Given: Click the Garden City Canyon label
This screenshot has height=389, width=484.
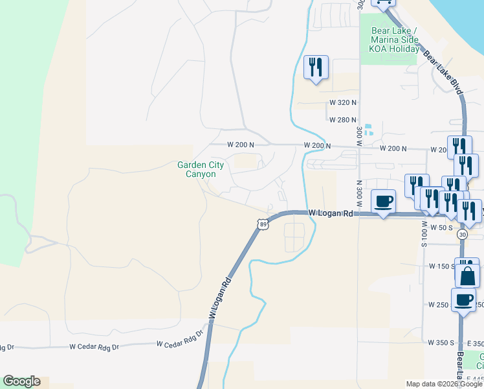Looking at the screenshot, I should pyautogui.click(x=201, y=170).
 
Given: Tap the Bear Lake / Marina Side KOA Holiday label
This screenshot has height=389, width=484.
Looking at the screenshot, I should pyautogui.click(x=394, y=40).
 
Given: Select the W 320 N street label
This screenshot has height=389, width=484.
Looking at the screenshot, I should pyautogui.click(x=343, y=102).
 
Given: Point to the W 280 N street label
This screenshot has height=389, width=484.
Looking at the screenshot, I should pyautogui.click(x=343, y=120).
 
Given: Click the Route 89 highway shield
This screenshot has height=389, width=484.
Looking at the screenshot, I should pyautogui.click(x=261, y=224).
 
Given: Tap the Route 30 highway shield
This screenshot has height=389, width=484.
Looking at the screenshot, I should pyautogui.click(x=461, y=233).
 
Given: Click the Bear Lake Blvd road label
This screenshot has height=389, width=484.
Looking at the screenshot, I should pyautogui.click(x=445, y=73).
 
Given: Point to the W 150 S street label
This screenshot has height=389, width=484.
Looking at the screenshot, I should pyautogui.click(x=443, y=266).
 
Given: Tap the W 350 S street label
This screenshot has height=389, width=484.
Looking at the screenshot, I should pyautogui.click(x=443, y=342).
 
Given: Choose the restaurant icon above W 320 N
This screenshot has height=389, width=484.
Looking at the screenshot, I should pyautogui.click(x=316, y=67).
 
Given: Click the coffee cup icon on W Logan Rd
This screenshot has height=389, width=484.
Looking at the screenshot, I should pyautogui.click(x=383, y=202).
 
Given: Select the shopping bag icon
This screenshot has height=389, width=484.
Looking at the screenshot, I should pyautogui.click(x=467, y=275).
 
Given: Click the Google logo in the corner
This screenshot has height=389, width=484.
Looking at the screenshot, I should pyautogui.click(x=21, y=381).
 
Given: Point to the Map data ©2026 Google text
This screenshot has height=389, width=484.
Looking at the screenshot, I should pyautogui.click(x=444, y=384).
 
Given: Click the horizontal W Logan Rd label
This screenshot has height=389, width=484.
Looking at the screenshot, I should pyautogui.click(x=330, y=213).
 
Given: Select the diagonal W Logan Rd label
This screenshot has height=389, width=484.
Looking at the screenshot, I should pyautogui.click(x=220, y=299).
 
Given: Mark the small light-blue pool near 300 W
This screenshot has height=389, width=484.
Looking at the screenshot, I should pyautogui.click(x=368, y=130).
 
